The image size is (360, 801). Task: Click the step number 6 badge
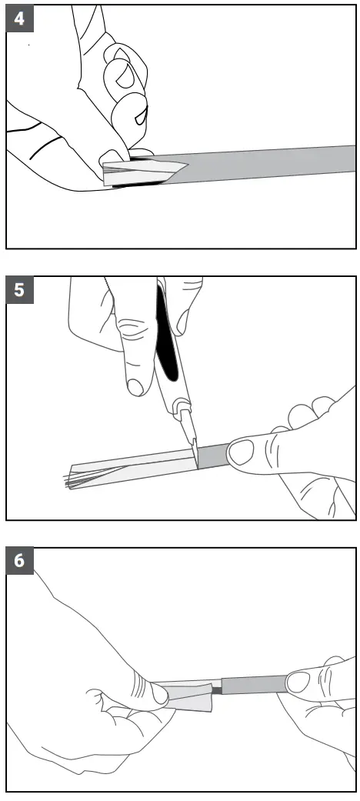pos(18,561)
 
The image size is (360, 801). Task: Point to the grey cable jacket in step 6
pos(254,683)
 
